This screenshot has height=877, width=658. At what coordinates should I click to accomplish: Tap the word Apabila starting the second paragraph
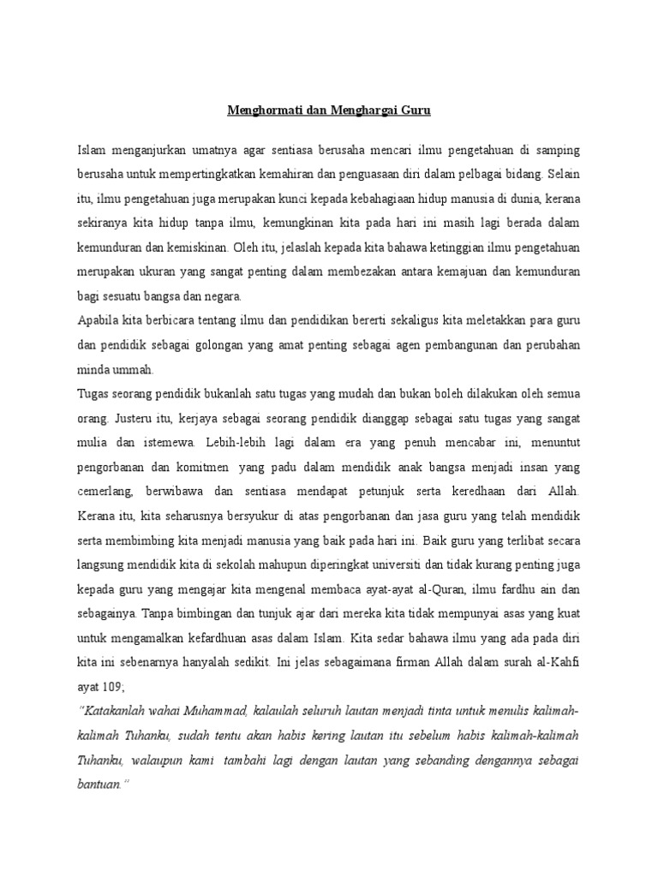pyautogui.click(x=97, y=320)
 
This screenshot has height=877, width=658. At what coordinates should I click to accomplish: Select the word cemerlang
pyautogui.click(x=107, y=491)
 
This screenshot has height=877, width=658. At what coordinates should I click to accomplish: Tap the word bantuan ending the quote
pyautogui.click(x=99, y=783)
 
